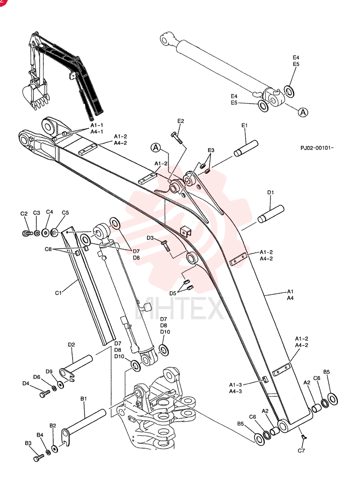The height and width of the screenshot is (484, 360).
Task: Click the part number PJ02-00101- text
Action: tap(317, 148)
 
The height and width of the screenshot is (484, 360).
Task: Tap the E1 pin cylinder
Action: tap(246, 148)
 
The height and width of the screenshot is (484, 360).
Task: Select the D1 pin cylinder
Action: tap(271, 213)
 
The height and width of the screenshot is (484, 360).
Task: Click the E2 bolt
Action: tap(177, 137)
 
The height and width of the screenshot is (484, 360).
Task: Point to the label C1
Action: tap(58, 293)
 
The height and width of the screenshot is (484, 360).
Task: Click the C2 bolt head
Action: tap(27, 233)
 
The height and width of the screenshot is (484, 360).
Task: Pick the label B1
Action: tap(84, 399)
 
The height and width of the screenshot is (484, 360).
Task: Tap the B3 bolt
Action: tap(39, 457)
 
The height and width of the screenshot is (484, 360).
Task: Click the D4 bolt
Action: tap(45, 393)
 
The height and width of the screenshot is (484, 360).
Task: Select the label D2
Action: tap(71, 345)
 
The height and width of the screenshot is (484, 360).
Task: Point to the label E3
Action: tap(211, 151)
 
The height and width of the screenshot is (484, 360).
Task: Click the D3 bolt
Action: tap(165, 246)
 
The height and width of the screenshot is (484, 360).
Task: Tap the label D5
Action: tap(173, 293)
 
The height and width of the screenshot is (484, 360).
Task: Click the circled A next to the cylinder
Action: tap(303, 112)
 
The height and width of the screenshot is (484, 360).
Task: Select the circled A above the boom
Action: tap(156, 148)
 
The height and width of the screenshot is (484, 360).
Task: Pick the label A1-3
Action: tap(235, 385)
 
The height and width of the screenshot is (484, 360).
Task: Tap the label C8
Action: tap(48, 249)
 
